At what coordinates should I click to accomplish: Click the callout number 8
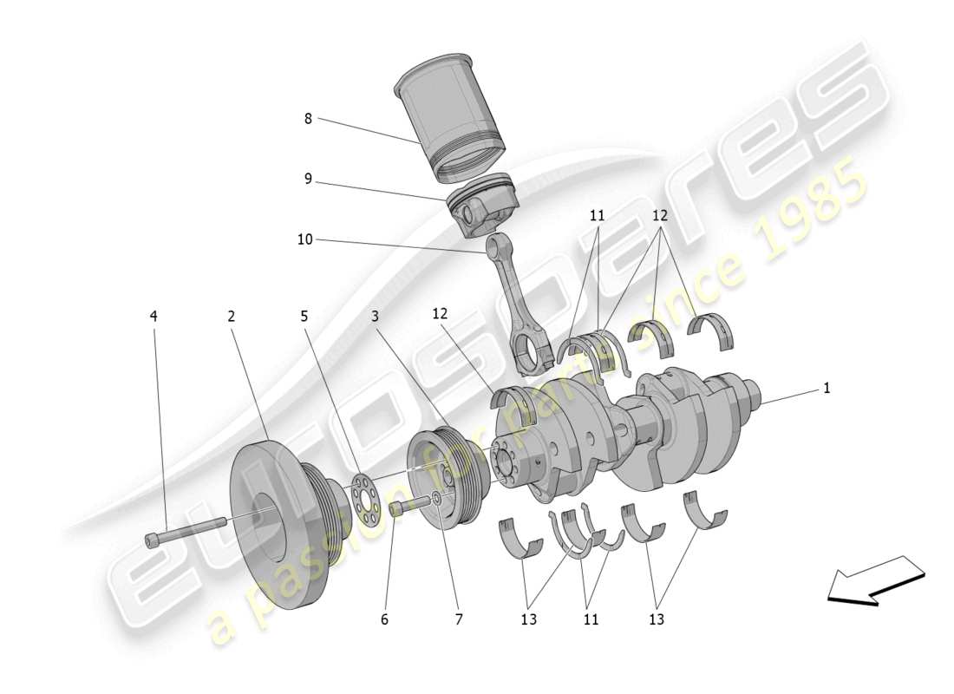point(308,119)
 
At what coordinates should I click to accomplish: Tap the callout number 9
point(308,180)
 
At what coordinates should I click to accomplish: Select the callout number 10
point(304,239)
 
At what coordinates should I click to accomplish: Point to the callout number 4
point(154,317)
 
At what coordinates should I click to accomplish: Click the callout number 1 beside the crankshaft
point(827,389)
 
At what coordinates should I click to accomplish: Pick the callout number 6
point(384,619)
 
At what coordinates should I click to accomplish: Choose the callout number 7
point(459,619)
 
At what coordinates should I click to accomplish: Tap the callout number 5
point(304,317)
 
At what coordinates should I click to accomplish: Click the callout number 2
point(232,317)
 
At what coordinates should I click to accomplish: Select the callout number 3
point(375,317)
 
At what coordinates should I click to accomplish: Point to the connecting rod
point(520,304)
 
